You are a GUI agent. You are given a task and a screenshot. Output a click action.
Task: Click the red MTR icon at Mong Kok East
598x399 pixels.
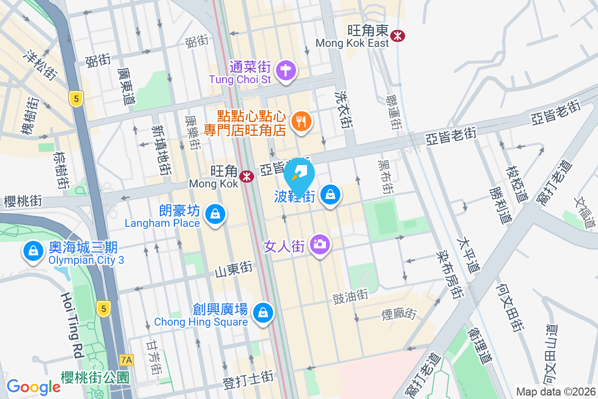click(x=398, y=35)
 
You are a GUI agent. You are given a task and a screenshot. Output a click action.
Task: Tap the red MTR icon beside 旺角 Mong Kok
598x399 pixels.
click(x=246, y=176)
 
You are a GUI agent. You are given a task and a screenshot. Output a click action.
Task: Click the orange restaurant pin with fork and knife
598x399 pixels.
click(x=300, y=121)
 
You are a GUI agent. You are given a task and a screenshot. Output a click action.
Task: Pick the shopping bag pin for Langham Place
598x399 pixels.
click(x=215, y=214)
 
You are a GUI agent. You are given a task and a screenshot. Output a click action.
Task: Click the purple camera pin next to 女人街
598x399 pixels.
click(x=319, y=244)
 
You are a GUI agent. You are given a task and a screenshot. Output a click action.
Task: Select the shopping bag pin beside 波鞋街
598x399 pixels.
click(x=330, y=194)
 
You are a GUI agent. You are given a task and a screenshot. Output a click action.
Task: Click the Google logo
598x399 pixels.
click(x=33, y=387)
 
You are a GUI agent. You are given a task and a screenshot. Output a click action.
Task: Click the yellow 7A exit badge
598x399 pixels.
click(x=127, y=359)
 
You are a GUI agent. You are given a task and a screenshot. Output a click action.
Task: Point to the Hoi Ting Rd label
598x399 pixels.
click(x=71, y=325)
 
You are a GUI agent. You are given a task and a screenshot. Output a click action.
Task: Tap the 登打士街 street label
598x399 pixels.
click(x=248, y=383)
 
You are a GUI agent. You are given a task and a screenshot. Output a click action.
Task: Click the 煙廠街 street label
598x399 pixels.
click(x=398, y=314)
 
